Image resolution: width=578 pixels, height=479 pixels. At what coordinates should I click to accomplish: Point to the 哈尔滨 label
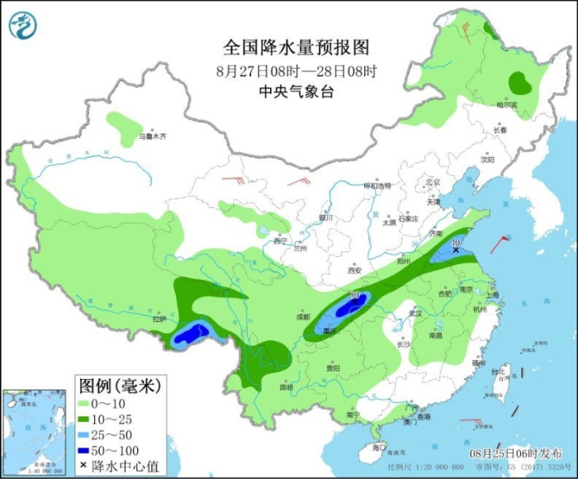[x=506, y=105]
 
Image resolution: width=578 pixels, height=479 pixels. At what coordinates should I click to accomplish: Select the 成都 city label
[x=302, y=315]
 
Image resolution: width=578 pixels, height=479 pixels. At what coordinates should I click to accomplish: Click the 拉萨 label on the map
[x=159, y=318]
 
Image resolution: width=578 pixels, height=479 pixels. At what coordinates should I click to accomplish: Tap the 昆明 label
[x=287, y=387]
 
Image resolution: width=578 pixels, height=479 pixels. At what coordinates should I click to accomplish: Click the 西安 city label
[x=355, y=270]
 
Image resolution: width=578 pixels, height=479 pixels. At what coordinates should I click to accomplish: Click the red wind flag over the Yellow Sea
[x=498, y=244]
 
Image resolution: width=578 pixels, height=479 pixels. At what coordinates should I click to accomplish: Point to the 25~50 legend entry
[x=115, y=434]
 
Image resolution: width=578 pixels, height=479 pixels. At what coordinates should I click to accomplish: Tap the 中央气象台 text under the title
[x=296, y=92]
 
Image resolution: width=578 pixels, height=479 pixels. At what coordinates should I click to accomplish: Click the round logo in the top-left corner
[x=23, y=26]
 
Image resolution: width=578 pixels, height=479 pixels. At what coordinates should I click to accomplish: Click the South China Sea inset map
[x=34, y=430]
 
